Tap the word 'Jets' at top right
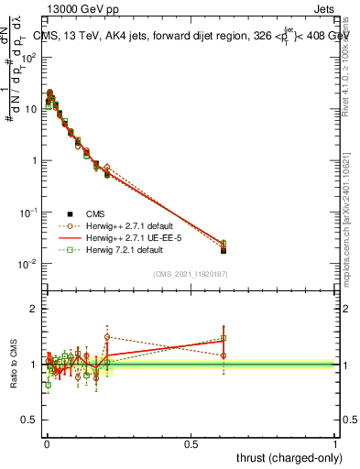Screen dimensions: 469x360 click(x=324, y=11)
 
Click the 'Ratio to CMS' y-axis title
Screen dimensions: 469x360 click(x=13, y=363)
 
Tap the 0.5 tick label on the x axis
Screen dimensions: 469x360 click(x=191, y=442)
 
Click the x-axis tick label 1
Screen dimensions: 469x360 click(x=336, y=442)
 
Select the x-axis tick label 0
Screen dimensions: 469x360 click(x=47, y=442)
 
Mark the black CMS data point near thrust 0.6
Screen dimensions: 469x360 click(x=224, y=249)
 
